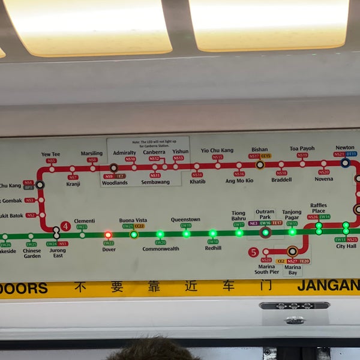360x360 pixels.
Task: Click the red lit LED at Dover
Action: (108, 235)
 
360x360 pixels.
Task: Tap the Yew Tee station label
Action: (50, 154)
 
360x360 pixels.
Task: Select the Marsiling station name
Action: (92, 154)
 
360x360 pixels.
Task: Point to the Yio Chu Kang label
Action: (217, 150)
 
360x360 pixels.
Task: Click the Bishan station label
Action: (260, 149)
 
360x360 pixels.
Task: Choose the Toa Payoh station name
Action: (302, 149)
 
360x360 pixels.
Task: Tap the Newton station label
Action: (345, 148)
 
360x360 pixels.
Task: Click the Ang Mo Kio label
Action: (239, 181)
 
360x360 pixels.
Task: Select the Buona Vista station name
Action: (133, 220)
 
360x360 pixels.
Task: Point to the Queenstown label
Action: (185, 220)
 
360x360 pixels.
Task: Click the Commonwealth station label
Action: (161, 249)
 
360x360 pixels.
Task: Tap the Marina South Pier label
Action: (266, 269)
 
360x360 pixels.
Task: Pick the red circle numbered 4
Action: (65, 226)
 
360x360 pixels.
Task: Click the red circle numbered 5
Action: (253, 252)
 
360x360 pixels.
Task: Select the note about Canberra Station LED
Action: (148, 144)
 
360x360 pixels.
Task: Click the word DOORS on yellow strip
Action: (24, 288)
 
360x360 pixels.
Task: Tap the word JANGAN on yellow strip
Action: (328, 286)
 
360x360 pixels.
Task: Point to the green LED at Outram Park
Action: (265, 233)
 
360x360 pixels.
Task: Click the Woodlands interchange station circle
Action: (113, 168)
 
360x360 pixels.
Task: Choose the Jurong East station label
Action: (58, 253)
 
